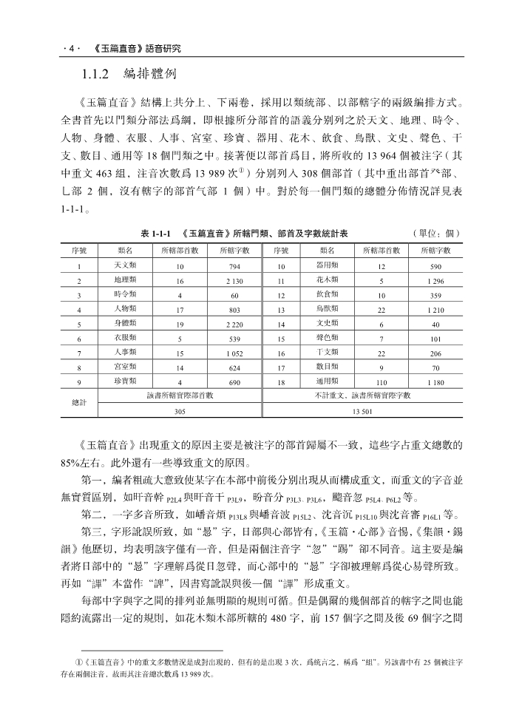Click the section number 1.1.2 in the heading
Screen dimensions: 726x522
tap(95, 75)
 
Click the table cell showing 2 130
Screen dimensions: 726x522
tap(235, 281)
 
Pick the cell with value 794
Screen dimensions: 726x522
tap(235, 265)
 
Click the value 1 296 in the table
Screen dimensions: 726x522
tap(435, 281)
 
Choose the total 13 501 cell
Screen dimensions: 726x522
tap(362, 412)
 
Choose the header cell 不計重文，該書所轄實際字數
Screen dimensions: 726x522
tap(362, 396)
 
